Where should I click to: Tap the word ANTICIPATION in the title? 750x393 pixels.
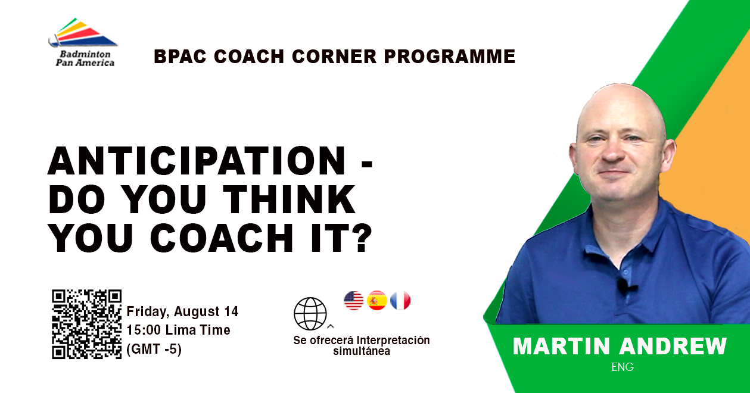point(197,161)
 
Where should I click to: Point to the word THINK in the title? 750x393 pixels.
point(289,199)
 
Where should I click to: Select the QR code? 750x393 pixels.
point(87,325)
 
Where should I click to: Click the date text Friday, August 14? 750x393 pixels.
point(182,311)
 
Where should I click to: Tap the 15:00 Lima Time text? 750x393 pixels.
point(179,330)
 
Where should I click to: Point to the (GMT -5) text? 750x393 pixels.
point(154,349)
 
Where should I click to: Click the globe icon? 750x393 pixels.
point(310,314)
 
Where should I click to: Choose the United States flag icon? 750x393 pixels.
point(354,300)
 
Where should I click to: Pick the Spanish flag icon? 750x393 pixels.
point(377,300)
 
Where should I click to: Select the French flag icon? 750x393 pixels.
point(400,300)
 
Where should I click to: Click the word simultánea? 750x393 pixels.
point(362,351)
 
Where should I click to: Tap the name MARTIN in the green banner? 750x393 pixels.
point(561,346)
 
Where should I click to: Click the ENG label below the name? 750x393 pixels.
point(623,367)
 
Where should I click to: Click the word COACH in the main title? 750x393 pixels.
point(222,238)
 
